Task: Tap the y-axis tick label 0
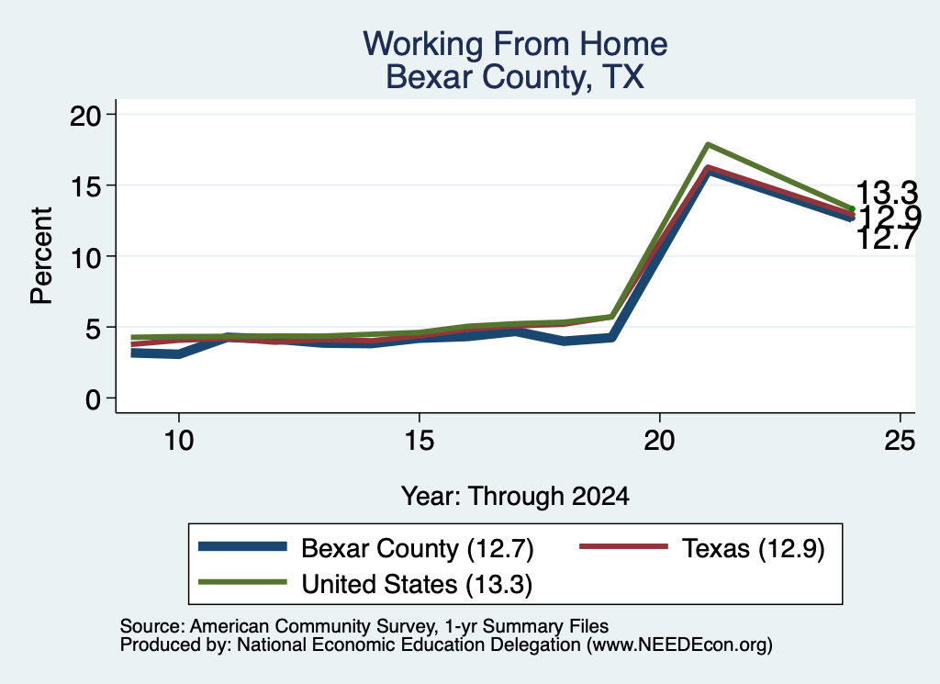pos(94,399)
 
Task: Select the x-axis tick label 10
pos(179,441)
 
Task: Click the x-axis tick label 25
pos(900,441)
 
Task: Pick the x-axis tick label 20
pos(659,441)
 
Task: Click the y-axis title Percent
pos(41,256)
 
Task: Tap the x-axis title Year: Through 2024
pos(515,497)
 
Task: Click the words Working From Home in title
pos(515,44)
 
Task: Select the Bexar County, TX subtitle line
pos(515,77)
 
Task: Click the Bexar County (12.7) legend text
pos(418,548)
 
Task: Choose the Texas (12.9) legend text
pos(754,548)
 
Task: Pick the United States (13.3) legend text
pos(417,585)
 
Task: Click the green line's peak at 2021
pos(708,144)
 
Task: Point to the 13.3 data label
pos(887,193)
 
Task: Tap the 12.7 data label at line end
pos(887,239)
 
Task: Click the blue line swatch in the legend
pos(242,546)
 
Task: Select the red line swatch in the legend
pos(623,546)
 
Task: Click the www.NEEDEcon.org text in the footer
pos(680,645)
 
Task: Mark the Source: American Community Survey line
pos(364,626)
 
